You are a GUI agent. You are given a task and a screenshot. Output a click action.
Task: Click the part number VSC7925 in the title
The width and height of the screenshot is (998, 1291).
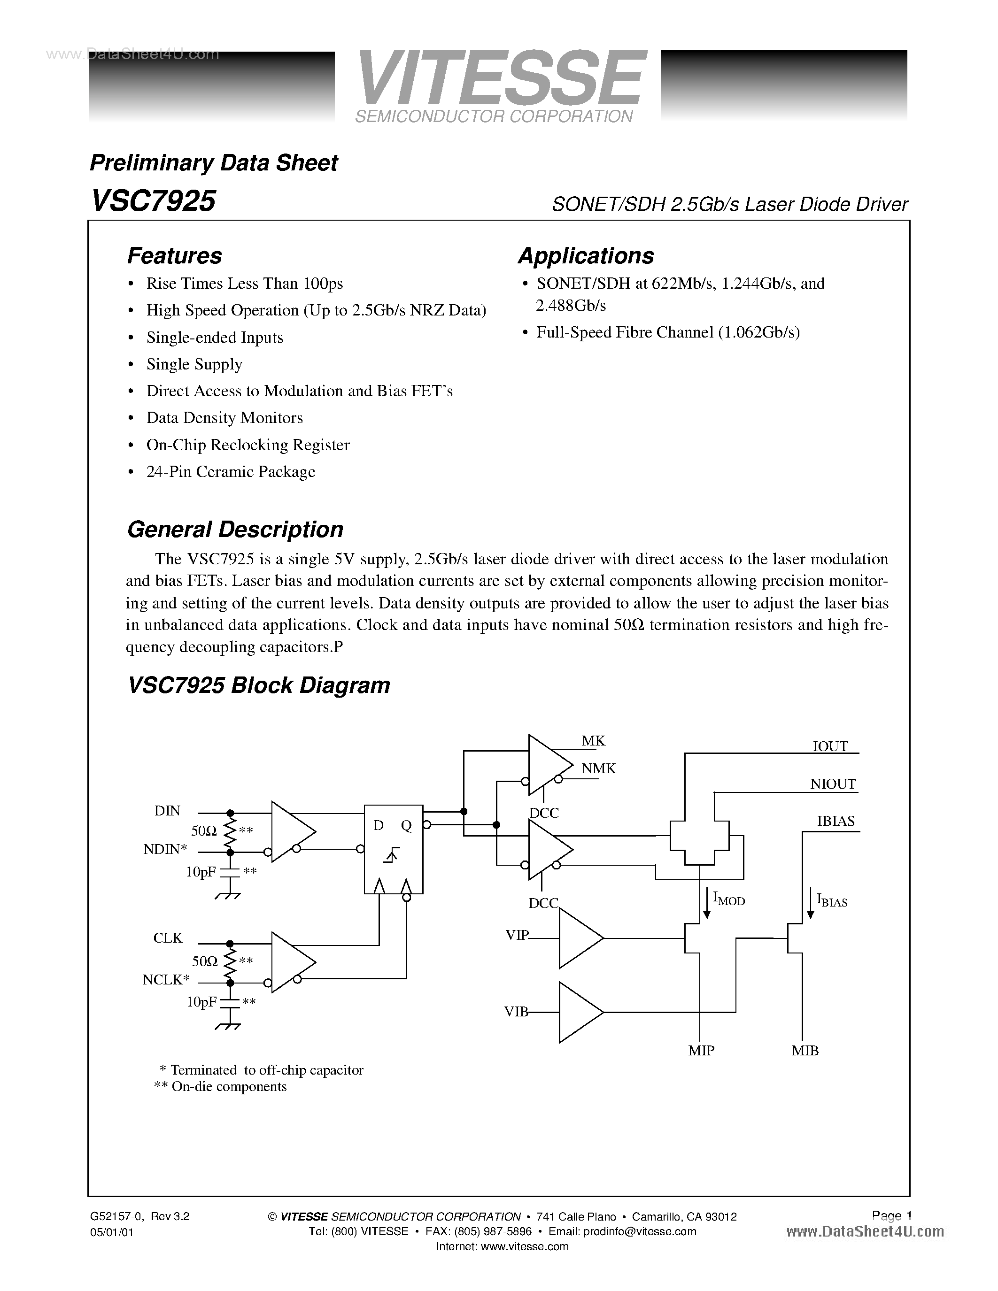pyautogui.click(x=153, y=201)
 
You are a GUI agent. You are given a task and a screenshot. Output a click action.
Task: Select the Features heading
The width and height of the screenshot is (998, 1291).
pyautogui.click(x=174, y=256)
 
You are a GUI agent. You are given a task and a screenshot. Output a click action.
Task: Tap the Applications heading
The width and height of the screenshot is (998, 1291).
pyautogui.click(x=585, y=256)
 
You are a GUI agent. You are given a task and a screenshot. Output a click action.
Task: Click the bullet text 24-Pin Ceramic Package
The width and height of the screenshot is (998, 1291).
pyautogui.click(x=231, y=472)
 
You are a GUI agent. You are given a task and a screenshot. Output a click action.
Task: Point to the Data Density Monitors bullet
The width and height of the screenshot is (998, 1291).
pyautogui.click(x=224, y=418)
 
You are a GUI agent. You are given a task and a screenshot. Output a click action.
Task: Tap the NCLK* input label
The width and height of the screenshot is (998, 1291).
pyautogui.click(x=165, y=980)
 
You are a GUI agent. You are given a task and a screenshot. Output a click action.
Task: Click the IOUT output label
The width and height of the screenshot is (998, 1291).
pyautogui.click(x=830, y=746)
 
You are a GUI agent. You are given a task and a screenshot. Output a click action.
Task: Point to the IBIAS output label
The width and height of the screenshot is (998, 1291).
pyautogui.click(x=836, y=821)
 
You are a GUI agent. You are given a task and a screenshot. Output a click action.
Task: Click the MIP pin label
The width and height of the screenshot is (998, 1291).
pyautogui.click(x=701, y=1051)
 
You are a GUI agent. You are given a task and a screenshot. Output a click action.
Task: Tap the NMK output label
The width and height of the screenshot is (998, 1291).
pyautogui.click(x=598, y=768)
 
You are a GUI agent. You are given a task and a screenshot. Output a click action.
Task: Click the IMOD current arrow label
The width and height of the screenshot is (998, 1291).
pyautogui.click(x=728, y=899)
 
